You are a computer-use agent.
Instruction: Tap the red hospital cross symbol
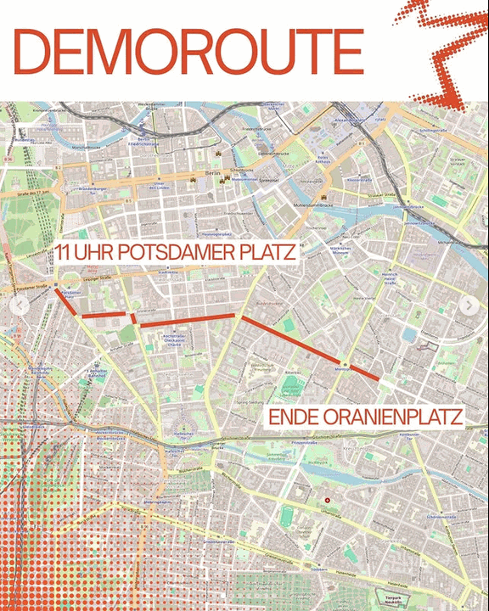coord(327,502)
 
